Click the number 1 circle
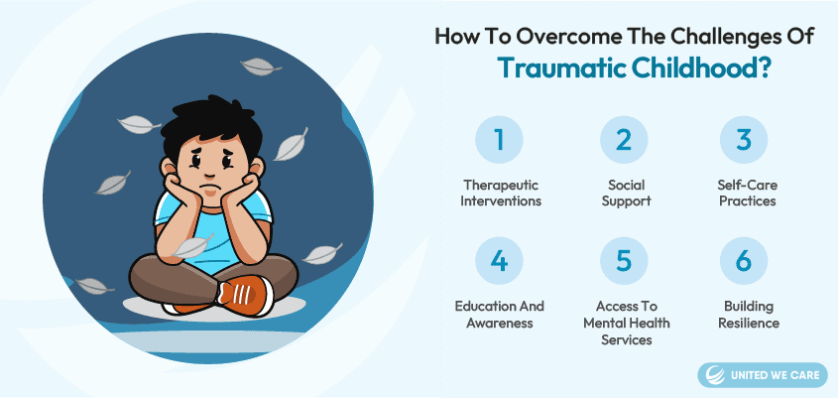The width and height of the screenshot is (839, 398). coord(499,139)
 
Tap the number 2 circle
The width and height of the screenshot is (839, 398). coord(624,139)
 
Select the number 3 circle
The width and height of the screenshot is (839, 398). coord(743,139)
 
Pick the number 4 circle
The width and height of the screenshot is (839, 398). coord(499,261)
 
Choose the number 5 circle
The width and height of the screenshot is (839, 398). coord(624,261)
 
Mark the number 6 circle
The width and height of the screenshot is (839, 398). coord(743,261)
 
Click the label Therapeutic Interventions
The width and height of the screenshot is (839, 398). coord(501,193)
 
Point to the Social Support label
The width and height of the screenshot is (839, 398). coord(626,193)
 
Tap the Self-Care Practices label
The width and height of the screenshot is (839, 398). coord(748,193)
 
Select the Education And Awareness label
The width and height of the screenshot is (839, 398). coord(499,315)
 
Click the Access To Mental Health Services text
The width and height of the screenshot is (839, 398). coord(626,323)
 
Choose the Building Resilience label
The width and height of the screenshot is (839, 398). coord(748,315)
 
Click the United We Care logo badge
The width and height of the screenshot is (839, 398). coord(762,375)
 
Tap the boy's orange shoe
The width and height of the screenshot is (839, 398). coord(246,295)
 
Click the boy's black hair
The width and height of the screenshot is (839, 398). coord(212,126)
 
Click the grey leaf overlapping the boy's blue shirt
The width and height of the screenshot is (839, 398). coord(192,246)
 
